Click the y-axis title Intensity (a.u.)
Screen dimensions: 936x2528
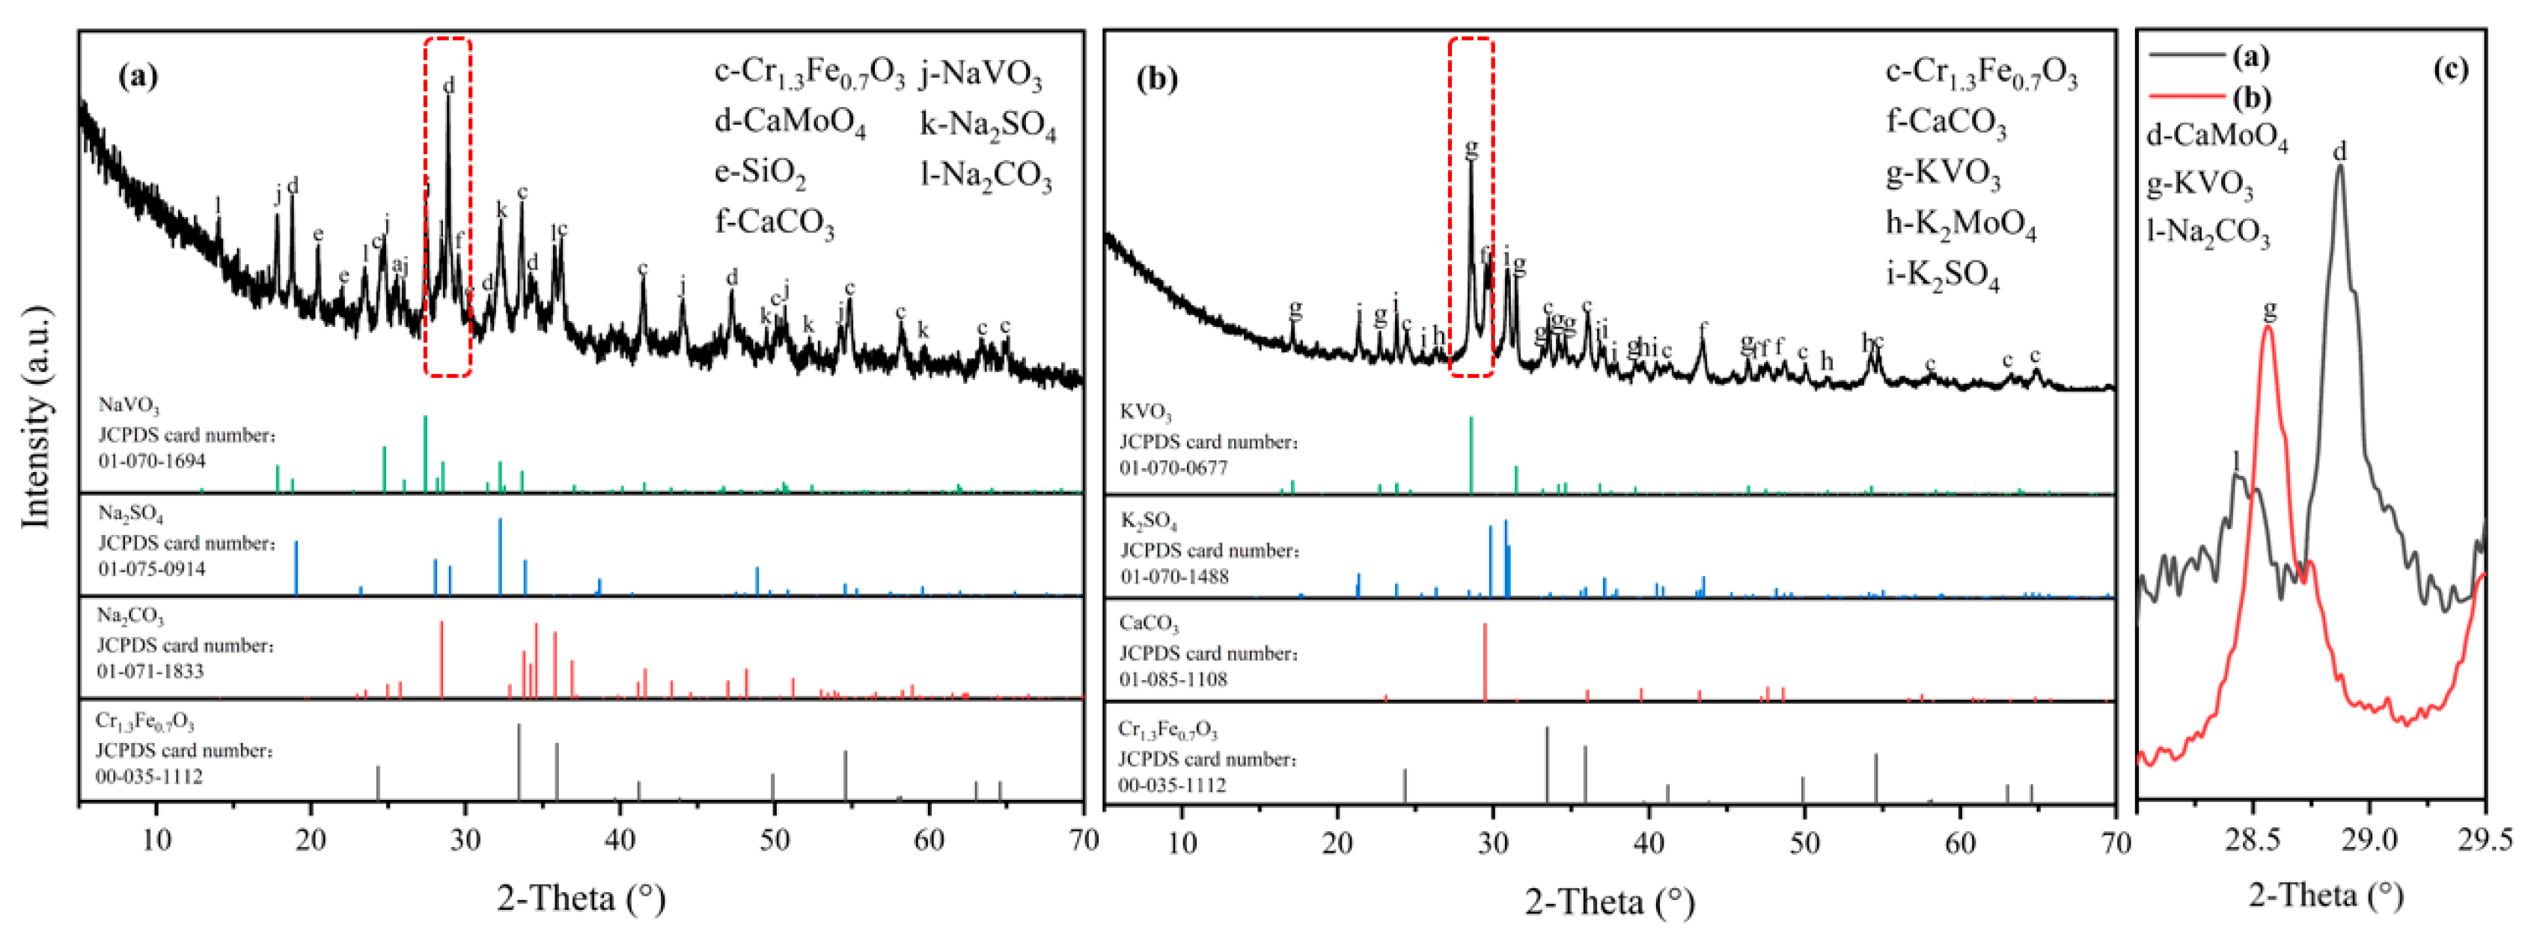coord(37,417)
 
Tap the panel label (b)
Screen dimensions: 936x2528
coord(1157,78)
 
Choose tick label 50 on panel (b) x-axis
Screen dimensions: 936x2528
coord(1804,842)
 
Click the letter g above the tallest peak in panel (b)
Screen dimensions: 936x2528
coord(1470,149)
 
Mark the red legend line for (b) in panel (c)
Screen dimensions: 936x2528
coord(2184,97)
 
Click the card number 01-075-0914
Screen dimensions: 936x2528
coord(152,569)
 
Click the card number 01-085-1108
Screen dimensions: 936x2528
coord(1173,679)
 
